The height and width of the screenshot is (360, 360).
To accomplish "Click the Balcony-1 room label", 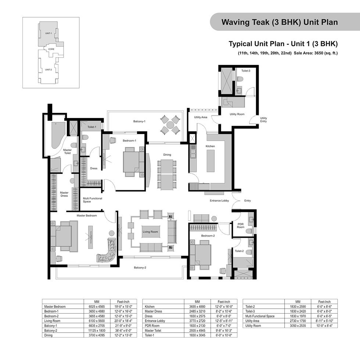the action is pyautogui.click(x=139, y=121).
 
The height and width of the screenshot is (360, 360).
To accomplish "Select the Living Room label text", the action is pyautogui.click(x=150, y=232).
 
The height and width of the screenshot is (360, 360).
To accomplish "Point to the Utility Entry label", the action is pyautogui.click(x=263, y=120).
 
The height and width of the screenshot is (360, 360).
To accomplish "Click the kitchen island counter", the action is pyautogui.click(x=210, y=161).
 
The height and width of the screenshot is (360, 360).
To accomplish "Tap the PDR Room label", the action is pyautogui.click(x=240, y=226).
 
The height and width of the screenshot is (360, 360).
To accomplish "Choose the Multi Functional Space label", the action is pyautogui.click(x=92, y=200).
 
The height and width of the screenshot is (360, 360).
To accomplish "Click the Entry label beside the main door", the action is pyautogui.click(x=248, y=201).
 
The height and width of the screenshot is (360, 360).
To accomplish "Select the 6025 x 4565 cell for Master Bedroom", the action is pyautogui.click(x=97, y=306).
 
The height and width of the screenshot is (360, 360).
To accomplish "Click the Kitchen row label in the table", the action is pyautogui.click(x=150, y=306).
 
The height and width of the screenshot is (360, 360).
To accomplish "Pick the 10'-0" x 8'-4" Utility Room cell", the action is pyautogui.click(x=324, y=325).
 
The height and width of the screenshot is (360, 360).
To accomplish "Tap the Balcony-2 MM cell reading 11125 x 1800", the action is pyautogui.click(x=97, y=330).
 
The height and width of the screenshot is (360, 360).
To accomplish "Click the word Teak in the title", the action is pyautogui.click(x=261, y=22).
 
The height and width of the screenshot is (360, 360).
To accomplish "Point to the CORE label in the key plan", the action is pyautogui.click(x=51, y=49).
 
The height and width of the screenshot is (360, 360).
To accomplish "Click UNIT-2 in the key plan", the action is pyautogui.click(x=48, y=69).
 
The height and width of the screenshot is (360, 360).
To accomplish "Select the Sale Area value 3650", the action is pyautogui.click(x=319, y=53).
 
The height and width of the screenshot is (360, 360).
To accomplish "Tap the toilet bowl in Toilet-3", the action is pyautogui.click(x=240, y=79).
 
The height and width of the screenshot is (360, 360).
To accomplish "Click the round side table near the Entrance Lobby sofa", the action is pyautogui.click(x=214, y=218).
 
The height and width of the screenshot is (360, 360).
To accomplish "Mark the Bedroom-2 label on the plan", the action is pyautogui.click(x=208, y=235).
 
